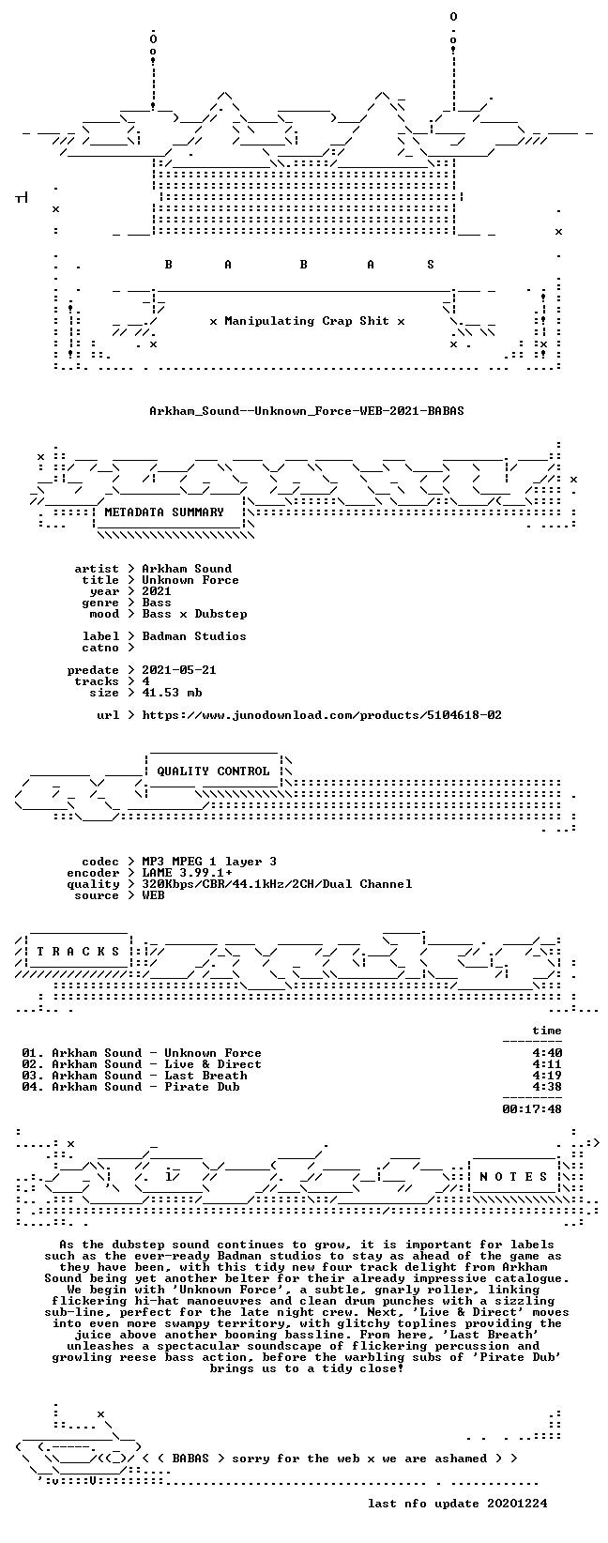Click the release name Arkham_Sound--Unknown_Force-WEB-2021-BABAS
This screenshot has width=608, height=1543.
307,411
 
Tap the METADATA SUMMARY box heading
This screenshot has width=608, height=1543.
164,512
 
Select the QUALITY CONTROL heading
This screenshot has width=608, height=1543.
213,771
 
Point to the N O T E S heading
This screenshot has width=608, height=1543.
513,1177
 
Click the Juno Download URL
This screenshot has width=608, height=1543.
322,715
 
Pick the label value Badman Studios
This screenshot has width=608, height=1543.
194,636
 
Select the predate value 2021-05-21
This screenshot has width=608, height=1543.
179,670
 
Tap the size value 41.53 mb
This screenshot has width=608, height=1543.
172,693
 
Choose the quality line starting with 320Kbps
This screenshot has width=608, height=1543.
277,884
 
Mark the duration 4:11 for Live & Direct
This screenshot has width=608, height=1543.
547,1064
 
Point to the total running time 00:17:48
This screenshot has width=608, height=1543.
532,1109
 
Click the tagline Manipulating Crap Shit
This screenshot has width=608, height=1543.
307,321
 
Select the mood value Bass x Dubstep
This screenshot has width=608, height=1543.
194,614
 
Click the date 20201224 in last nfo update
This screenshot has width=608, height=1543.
517,1503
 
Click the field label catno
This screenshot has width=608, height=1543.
100,648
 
